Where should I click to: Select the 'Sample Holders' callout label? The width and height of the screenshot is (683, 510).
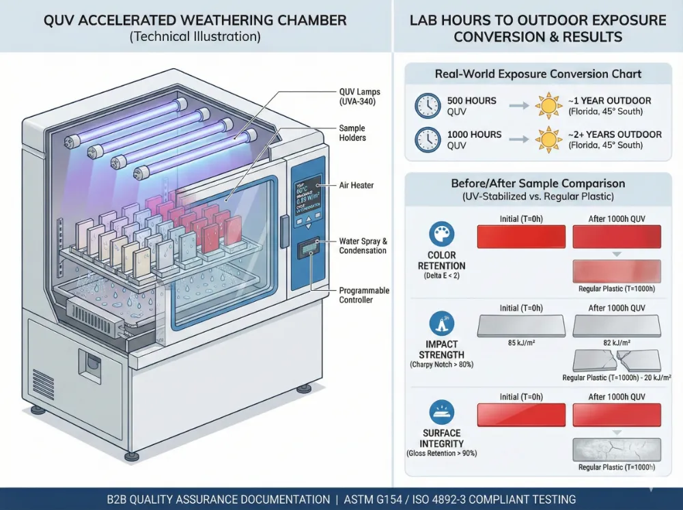point(352,133)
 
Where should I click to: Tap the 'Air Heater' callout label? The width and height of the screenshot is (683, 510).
point(356,185)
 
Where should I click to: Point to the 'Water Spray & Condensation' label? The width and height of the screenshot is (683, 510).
point(363,246)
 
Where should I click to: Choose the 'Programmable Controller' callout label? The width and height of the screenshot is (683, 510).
point(364,295)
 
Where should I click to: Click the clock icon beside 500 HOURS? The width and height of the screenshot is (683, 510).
point(428,106)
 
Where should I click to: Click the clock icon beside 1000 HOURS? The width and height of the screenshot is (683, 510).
point(428,139)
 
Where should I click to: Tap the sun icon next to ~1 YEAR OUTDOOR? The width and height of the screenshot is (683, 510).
point(548,106)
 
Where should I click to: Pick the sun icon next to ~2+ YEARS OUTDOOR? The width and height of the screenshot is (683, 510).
point(548,139)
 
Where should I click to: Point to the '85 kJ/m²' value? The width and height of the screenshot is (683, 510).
point(520,343)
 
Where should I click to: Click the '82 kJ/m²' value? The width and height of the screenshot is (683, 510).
point(616,343)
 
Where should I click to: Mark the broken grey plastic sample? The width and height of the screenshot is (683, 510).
point(617,360)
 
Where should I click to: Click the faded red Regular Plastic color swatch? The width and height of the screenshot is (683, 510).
point(617,271)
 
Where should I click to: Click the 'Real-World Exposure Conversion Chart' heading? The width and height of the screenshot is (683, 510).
point(538,74)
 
